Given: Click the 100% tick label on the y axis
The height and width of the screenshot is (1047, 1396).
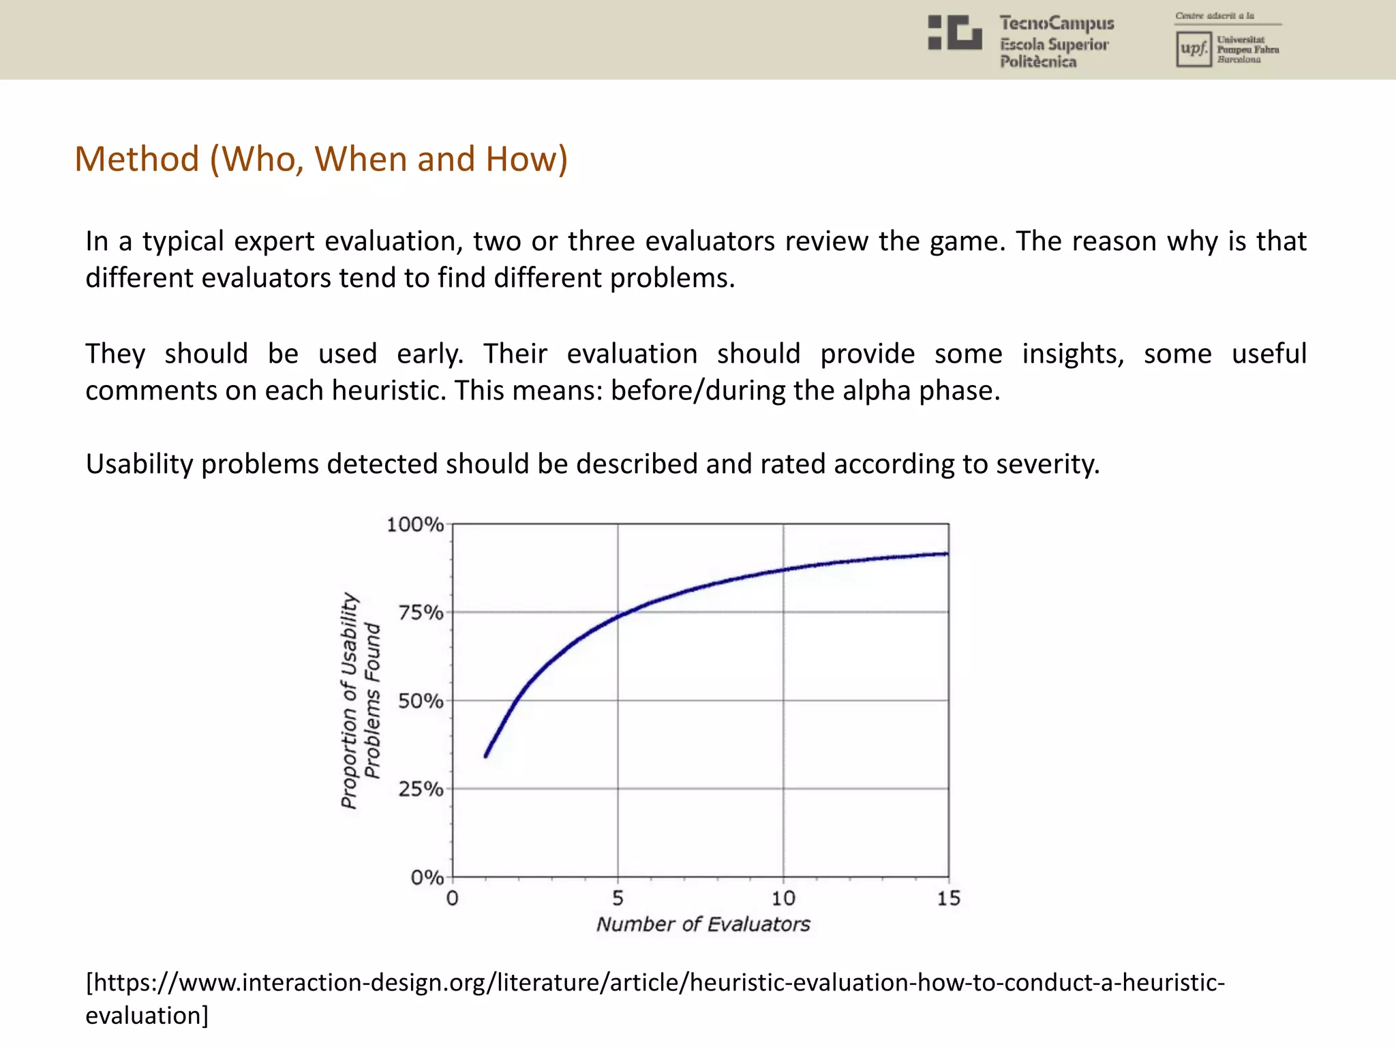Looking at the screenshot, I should point(414,524).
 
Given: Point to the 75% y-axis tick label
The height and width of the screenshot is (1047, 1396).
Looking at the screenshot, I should point(421,612).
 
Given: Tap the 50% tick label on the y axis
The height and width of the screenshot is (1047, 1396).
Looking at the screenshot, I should point(421,701).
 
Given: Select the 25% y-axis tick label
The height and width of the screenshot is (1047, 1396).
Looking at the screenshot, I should point(421,789).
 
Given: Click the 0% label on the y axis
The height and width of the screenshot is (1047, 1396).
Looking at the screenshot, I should point(427,877).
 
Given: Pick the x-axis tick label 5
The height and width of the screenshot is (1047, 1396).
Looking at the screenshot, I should point(618,898).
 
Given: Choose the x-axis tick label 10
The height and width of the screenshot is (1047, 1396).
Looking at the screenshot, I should point(783,898).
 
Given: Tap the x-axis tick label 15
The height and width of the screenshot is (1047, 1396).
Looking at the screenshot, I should point(948,898).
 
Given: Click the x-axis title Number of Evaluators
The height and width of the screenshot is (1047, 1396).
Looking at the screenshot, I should point(703,924).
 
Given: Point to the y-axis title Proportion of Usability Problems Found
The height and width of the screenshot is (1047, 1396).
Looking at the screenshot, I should point(360,701).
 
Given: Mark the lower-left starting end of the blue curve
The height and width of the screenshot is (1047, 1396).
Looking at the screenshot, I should point(486,755).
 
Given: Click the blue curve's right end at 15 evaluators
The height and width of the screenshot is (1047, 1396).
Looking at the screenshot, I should point(947,553).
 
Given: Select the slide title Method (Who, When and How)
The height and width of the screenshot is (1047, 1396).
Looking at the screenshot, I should point(320,159).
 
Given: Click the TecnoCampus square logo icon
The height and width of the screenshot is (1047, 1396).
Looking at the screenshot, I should point(955,33).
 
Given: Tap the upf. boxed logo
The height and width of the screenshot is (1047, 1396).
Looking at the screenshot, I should point(1193,49).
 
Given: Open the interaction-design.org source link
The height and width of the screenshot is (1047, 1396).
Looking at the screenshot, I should point(654,983).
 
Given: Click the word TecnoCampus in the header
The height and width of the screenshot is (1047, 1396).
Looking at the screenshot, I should point(1057,23).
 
